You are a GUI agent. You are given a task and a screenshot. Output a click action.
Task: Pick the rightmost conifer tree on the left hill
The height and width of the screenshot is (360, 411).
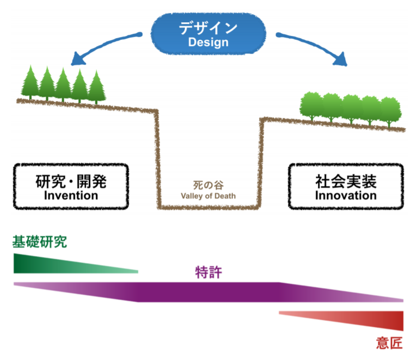[96, 87]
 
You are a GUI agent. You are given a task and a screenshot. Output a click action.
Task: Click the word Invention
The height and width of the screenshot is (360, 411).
[71, 195]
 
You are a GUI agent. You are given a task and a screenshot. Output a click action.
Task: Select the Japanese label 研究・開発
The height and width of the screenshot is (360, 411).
[71, 181]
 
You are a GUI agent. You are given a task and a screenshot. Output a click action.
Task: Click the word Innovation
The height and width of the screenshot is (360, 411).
[346, 195]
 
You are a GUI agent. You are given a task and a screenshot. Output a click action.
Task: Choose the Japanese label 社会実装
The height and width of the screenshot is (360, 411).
[346, 181]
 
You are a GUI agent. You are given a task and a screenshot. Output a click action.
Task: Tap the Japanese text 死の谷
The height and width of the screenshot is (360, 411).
[208, 184]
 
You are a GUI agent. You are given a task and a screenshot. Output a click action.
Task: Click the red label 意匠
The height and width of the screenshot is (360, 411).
[389, 343]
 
